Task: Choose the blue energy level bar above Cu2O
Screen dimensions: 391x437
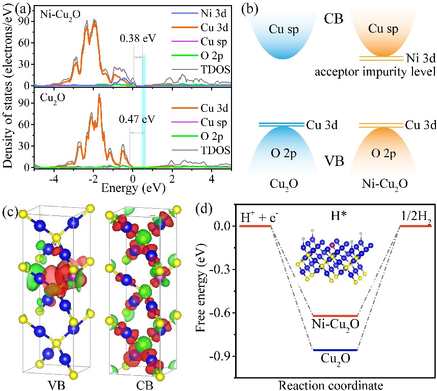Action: tap(335, 350)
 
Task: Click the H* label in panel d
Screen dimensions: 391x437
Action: tap(336, 217)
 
